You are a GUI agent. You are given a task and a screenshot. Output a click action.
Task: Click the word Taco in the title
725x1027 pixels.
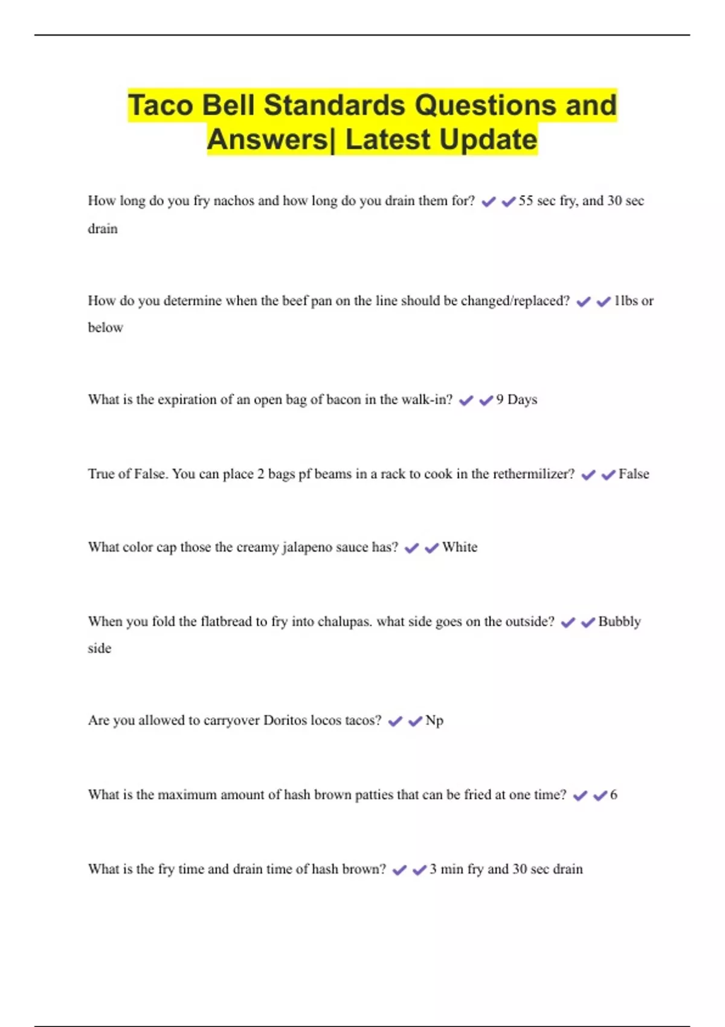[x=161, y=105]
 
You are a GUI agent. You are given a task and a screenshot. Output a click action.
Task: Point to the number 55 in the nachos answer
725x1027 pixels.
[x=526, y=201]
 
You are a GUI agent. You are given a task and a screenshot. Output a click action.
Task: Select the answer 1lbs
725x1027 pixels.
[x=626, y=300]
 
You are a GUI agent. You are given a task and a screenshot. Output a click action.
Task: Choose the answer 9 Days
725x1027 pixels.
[x=517, y=399]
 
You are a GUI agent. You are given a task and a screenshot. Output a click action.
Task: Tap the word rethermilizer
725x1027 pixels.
[x=533, y=474]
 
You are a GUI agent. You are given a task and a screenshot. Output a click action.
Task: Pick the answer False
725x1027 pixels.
[x=633, y=474]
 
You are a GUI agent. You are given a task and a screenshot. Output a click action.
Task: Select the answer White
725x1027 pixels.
[x=460, y=547]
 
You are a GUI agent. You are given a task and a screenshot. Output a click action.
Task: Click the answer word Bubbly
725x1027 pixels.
[x=619, y=622]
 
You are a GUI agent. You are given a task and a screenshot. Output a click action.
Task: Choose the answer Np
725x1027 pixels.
[x=434, y=721]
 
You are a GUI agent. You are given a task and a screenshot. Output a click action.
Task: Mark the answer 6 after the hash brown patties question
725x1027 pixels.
[x=614, y=794]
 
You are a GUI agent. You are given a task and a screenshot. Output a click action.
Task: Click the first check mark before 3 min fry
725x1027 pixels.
[x=399, y=870]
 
